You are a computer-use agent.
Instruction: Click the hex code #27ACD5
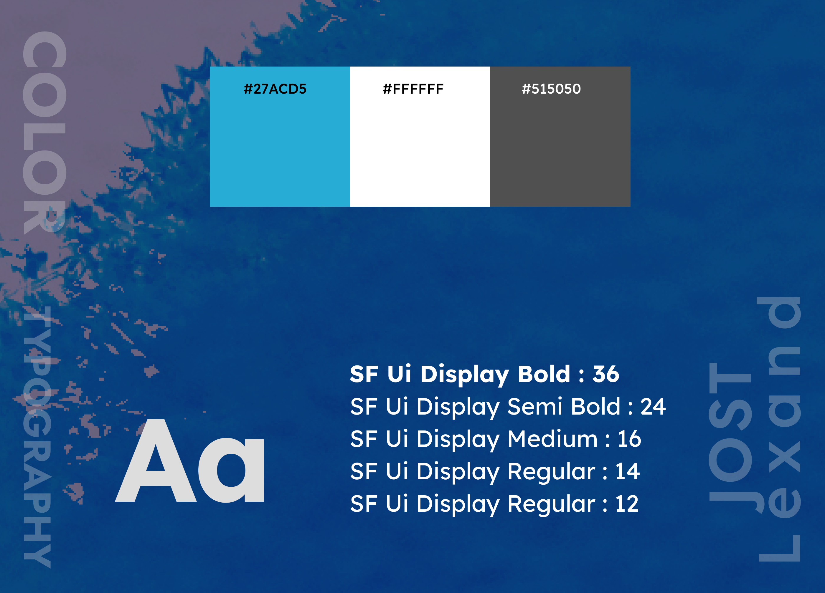(x=275, y=89)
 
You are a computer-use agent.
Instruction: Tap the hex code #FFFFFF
(x=413, y=89)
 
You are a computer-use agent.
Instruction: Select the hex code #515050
(x=551, y=89)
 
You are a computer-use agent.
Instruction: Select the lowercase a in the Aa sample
(x=231, y=471)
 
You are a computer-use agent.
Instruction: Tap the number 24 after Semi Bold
(x=653, y=407)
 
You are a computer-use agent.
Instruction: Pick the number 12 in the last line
(x=627, y=504)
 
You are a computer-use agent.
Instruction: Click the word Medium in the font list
(x=552, y=439)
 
